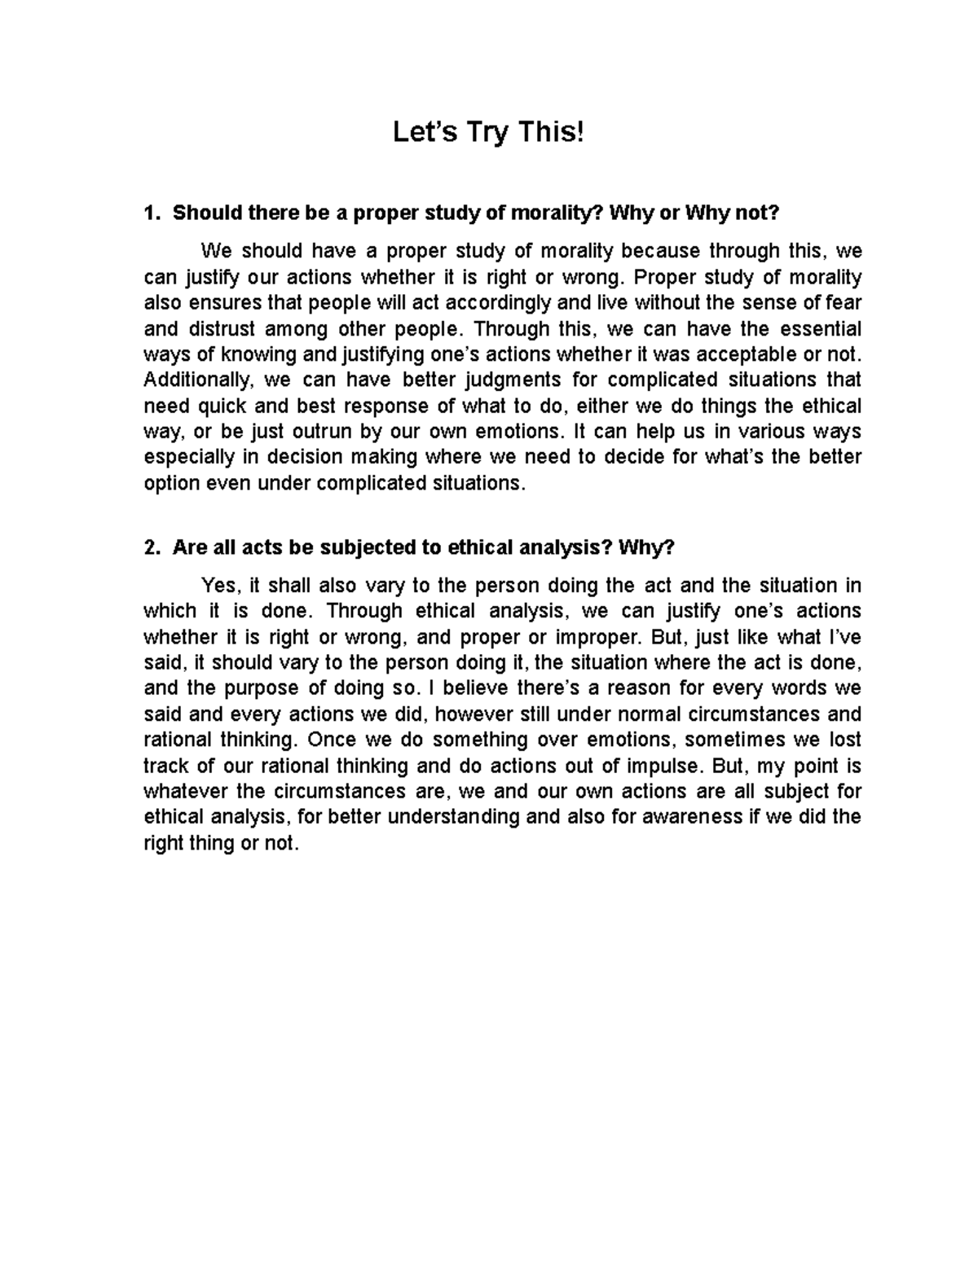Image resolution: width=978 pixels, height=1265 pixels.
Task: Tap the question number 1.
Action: click(x=149, y=213)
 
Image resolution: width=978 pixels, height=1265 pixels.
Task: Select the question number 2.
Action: click(x=149, y=548)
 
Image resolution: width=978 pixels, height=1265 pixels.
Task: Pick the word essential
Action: click(x=821, y=329)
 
